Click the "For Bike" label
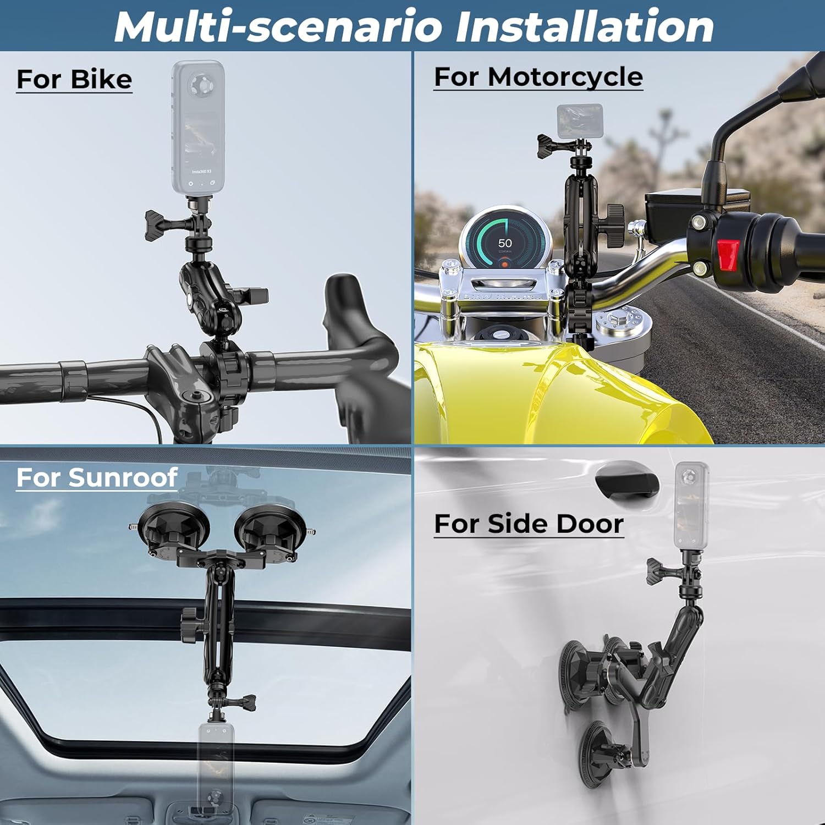(x=74, y=79)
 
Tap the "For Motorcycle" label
(x=538, y=76)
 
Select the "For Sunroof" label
(x=97, y=477)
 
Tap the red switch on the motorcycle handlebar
(x=728, y=255)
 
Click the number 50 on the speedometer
(x=505, y=243)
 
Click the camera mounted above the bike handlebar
(x=198, y=128)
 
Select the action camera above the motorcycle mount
(x=580, y=121)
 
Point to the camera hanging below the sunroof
(x=216, y=770)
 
